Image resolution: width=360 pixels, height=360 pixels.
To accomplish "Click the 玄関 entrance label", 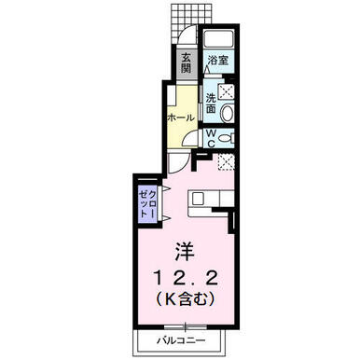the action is [186, 63].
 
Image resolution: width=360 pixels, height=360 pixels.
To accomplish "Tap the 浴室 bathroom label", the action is [218, 61].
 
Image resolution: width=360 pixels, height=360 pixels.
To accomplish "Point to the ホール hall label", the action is [181, 118].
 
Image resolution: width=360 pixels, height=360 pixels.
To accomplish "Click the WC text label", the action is [211, 138].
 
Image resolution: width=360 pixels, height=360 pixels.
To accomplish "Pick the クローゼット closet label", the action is [147, 203].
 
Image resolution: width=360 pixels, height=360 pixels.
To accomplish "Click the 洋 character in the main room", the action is [185, 251].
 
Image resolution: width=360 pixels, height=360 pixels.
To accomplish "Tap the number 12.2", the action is [186, 278].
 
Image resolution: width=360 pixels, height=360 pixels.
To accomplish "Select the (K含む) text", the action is [186, 298].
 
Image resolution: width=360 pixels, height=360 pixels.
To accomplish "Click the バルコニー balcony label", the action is [181, 340].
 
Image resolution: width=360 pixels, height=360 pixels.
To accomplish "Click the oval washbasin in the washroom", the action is [227, 113].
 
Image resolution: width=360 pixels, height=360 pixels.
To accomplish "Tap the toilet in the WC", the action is [226, 138].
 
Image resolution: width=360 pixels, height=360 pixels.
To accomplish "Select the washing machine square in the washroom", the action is [226, 91].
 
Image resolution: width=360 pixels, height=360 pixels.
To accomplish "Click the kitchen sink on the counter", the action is [197, 199].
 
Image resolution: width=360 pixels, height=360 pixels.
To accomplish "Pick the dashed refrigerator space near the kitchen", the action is [226, 162].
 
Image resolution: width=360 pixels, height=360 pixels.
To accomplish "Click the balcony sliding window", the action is [186, 327].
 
